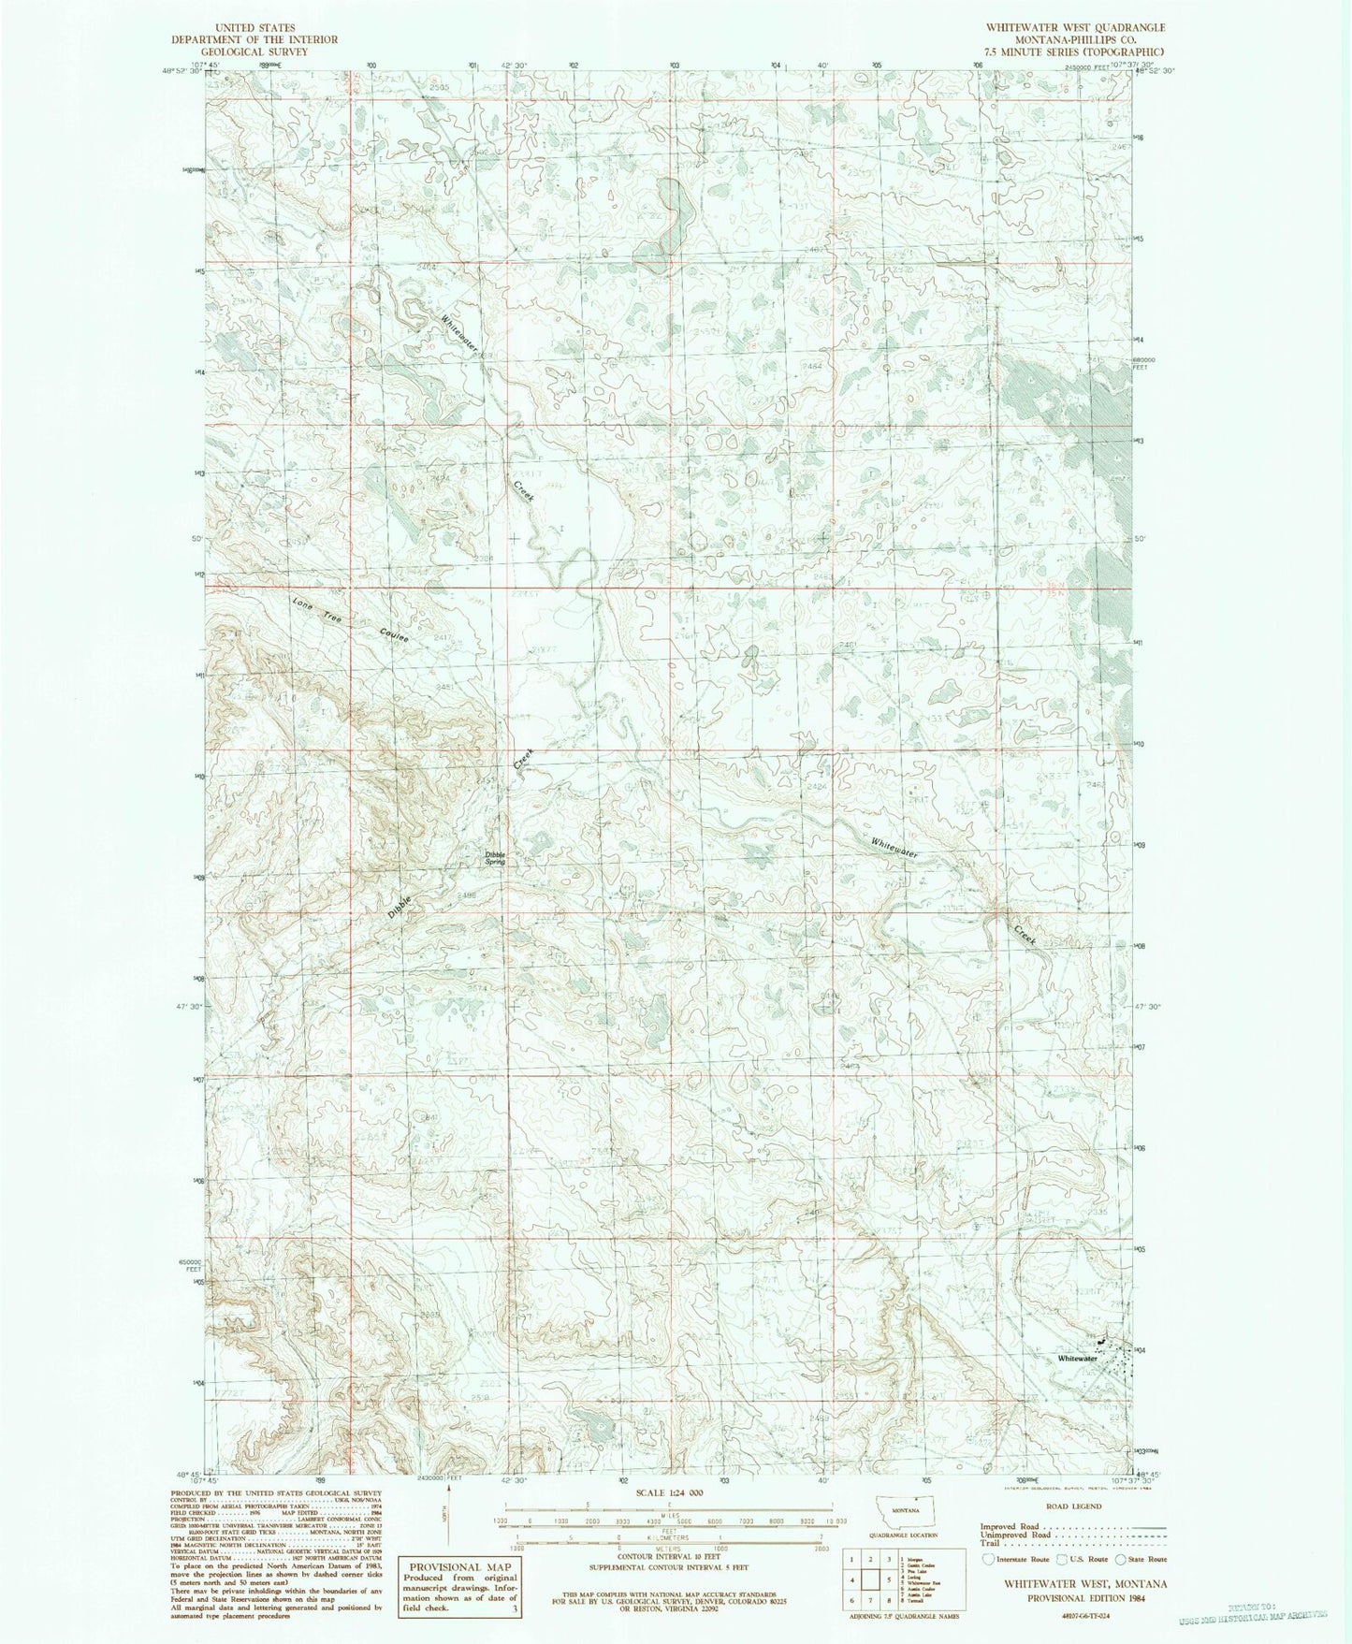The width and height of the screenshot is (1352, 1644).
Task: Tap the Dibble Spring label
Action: point(494,857)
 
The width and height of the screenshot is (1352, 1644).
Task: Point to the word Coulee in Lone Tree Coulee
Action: point(395,633)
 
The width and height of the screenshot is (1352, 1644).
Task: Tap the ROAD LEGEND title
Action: point(1074,1506)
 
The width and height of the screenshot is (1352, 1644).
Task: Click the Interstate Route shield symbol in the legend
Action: point(988,1559)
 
